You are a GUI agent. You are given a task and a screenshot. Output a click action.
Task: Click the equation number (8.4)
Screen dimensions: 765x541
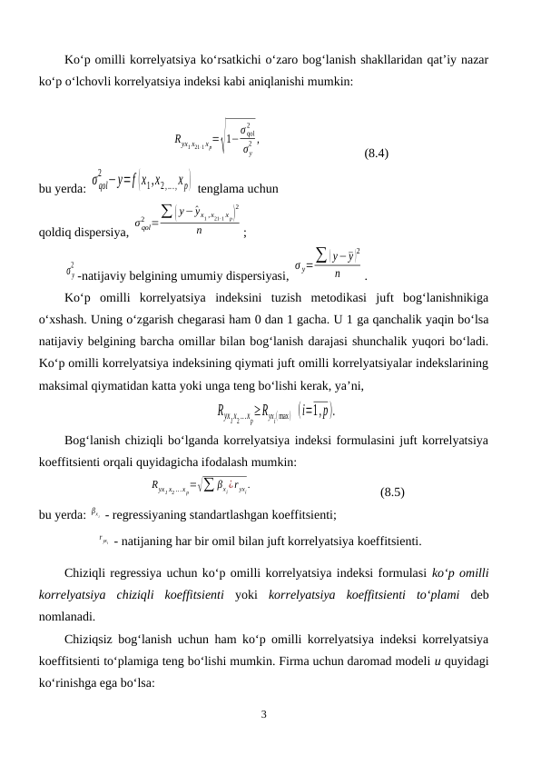(377, 154)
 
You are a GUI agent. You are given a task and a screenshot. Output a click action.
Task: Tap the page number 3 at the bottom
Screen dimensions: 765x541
(263, 713)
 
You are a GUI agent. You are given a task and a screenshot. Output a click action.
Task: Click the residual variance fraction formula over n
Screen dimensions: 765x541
(189, 224)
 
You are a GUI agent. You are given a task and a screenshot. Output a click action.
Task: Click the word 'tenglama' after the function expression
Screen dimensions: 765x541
(227, 190)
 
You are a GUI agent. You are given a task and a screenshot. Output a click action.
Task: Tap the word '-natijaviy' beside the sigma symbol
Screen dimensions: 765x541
(106, 272)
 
